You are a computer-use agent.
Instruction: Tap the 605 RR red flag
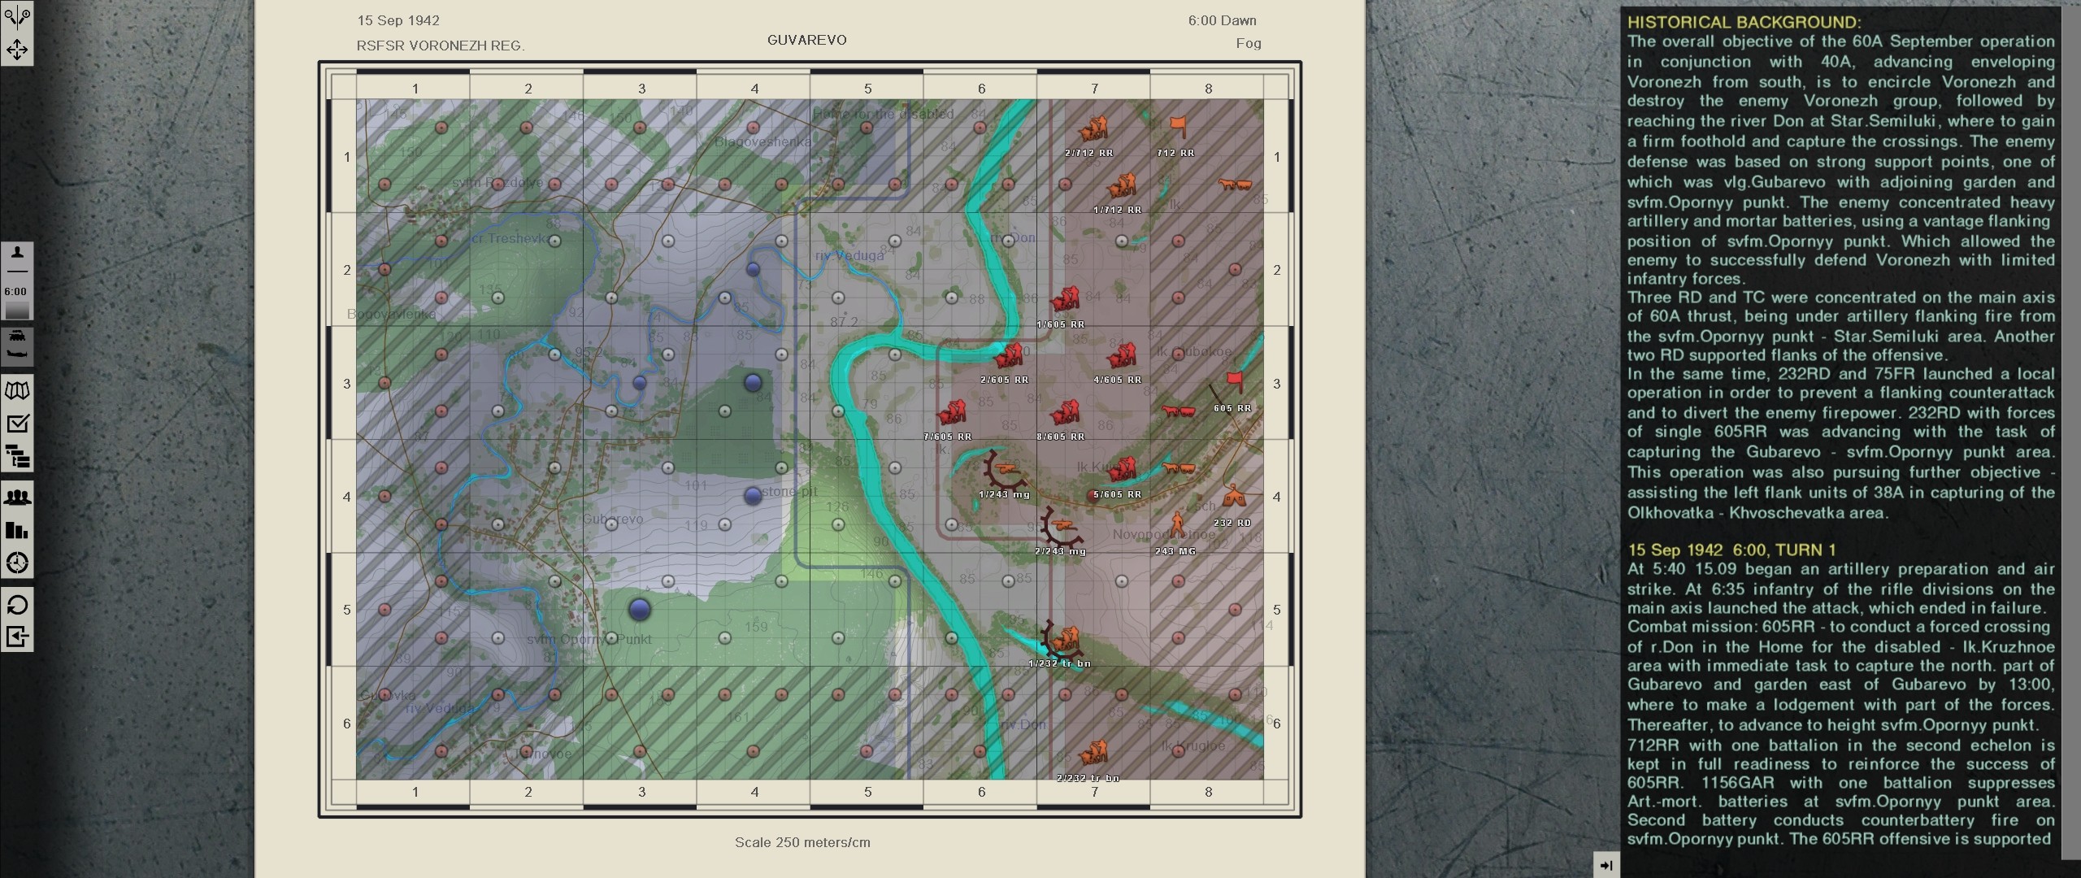(1234, 381)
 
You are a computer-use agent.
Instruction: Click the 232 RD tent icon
(1234, 496)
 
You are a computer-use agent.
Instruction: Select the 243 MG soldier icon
(1177, 524)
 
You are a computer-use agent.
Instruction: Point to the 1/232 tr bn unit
(1062, 641)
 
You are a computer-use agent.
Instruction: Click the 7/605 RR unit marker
(951, 413)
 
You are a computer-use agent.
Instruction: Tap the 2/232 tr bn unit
(1093, 752)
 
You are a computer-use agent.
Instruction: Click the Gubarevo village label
(614, 519)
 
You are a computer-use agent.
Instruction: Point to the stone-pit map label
(789, 492)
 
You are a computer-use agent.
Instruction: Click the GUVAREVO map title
(806, 40)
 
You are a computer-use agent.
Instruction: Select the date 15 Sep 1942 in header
(398, 20)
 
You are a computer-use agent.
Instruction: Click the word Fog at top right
(1248, 44)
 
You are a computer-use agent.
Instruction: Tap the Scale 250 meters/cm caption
(802, 842)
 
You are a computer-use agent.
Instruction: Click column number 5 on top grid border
(867, 89)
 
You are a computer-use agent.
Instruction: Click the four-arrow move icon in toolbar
(17, 50)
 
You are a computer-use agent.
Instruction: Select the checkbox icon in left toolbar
(17, 424)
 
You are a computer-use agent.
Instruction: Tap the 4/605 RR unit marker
(1122, 356)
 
